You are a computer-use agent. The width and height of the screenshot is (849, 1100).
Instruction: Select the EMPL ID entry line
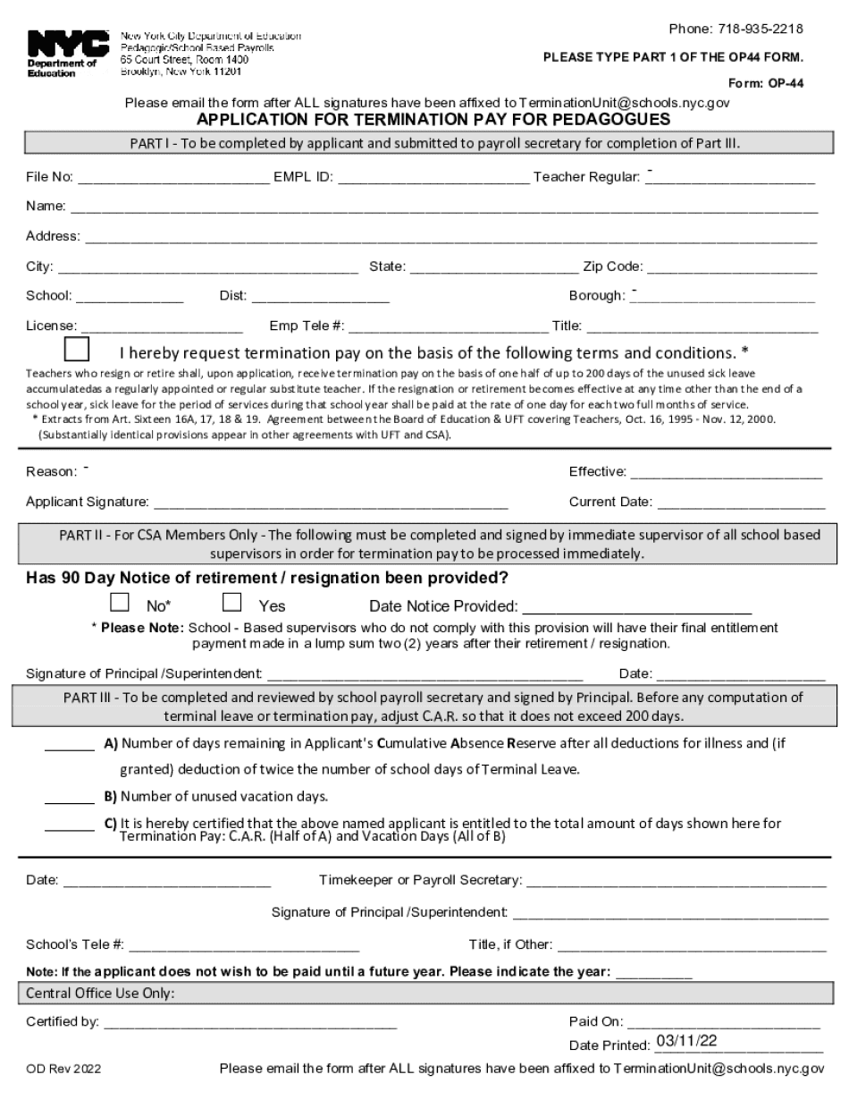click(x=433, y=176)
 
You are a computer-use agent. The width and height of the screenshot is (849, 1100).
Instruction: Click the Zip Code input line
click(x=731, y=267)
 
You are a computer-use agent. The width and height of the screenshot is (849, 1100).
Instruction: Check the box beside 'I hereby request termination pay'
click(x=77, y=351)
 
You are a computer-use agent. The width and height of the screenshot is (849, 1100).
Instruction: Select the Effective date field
click(x=726, y=471)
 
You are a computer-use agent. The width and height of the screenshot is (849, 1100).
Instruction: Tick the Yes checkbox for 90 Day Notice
click(x=232, y=603)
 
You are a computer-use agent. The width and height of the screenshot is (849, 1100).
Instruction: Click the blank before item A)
click(x=69, y=743)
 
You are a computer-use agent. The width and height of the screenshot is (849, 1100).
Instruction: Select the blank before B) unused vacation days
click(x=69, y=796)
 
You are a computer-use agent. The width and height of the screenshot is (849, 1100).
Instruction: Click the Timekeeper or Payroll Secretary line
click(x=677, y=881)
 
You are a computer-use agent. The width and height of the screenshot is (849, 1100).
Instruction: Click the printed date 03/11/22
click(x=686, y=1041)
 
